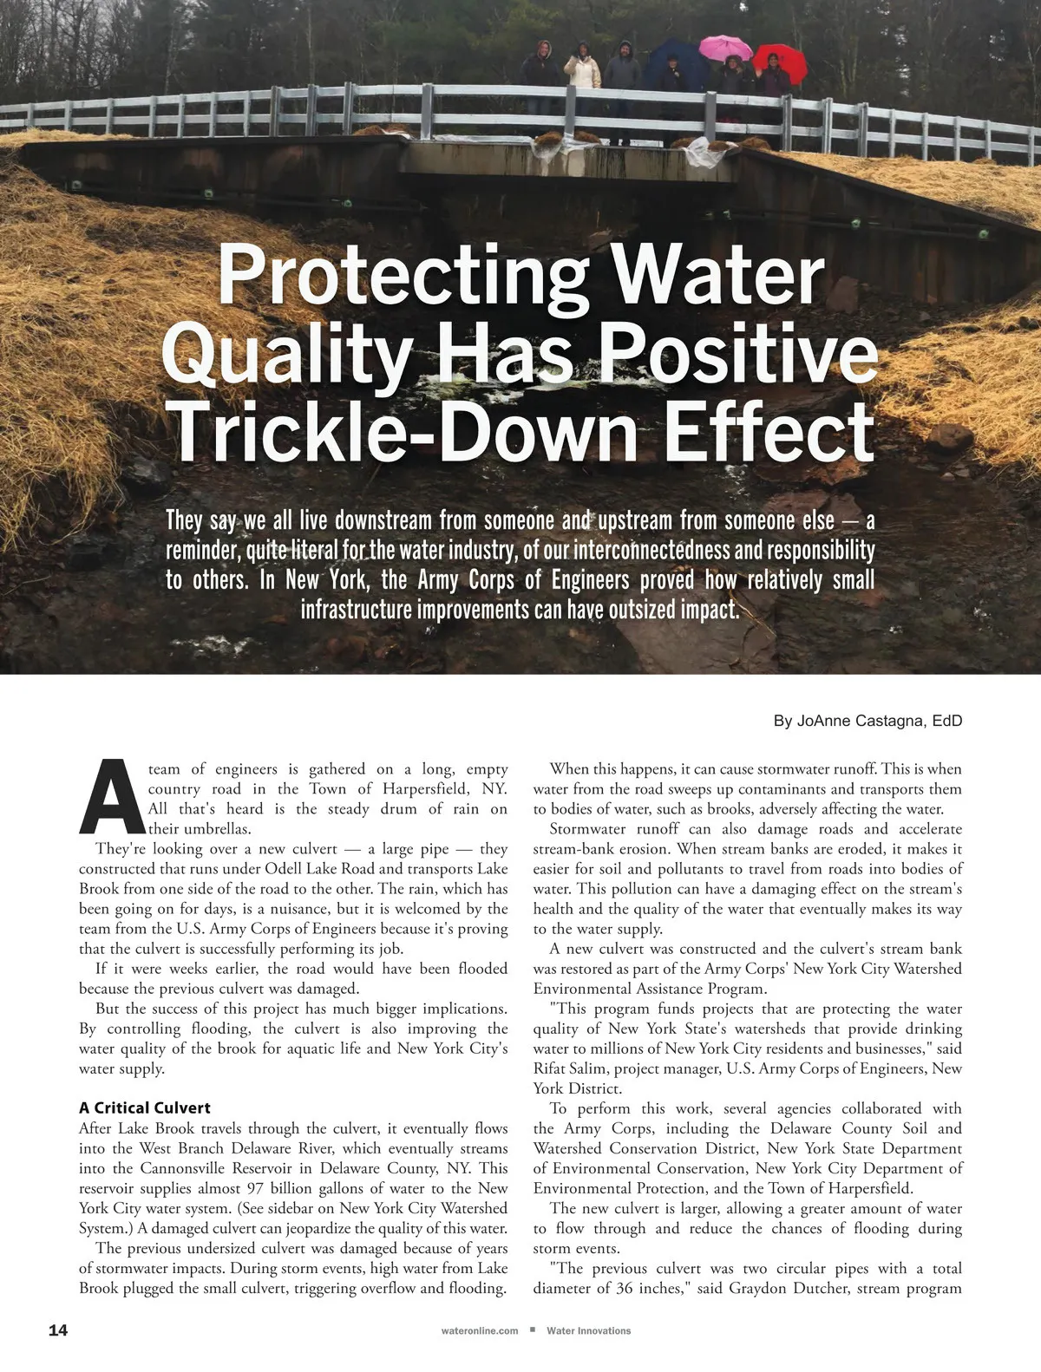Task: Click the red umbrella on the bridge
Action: [779, 58]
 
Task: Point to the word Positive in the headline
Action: [737, 354]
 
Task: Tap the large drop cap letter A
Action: [111, 795]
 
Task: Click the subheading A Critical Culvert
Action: [145, 1107]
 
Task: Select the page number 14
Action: [57, 1330]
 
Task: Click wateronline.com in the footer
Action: [480, 1330]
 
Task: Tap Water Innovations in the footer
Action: [588, 1330]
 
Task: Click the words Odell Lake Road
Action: [319, 869]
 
